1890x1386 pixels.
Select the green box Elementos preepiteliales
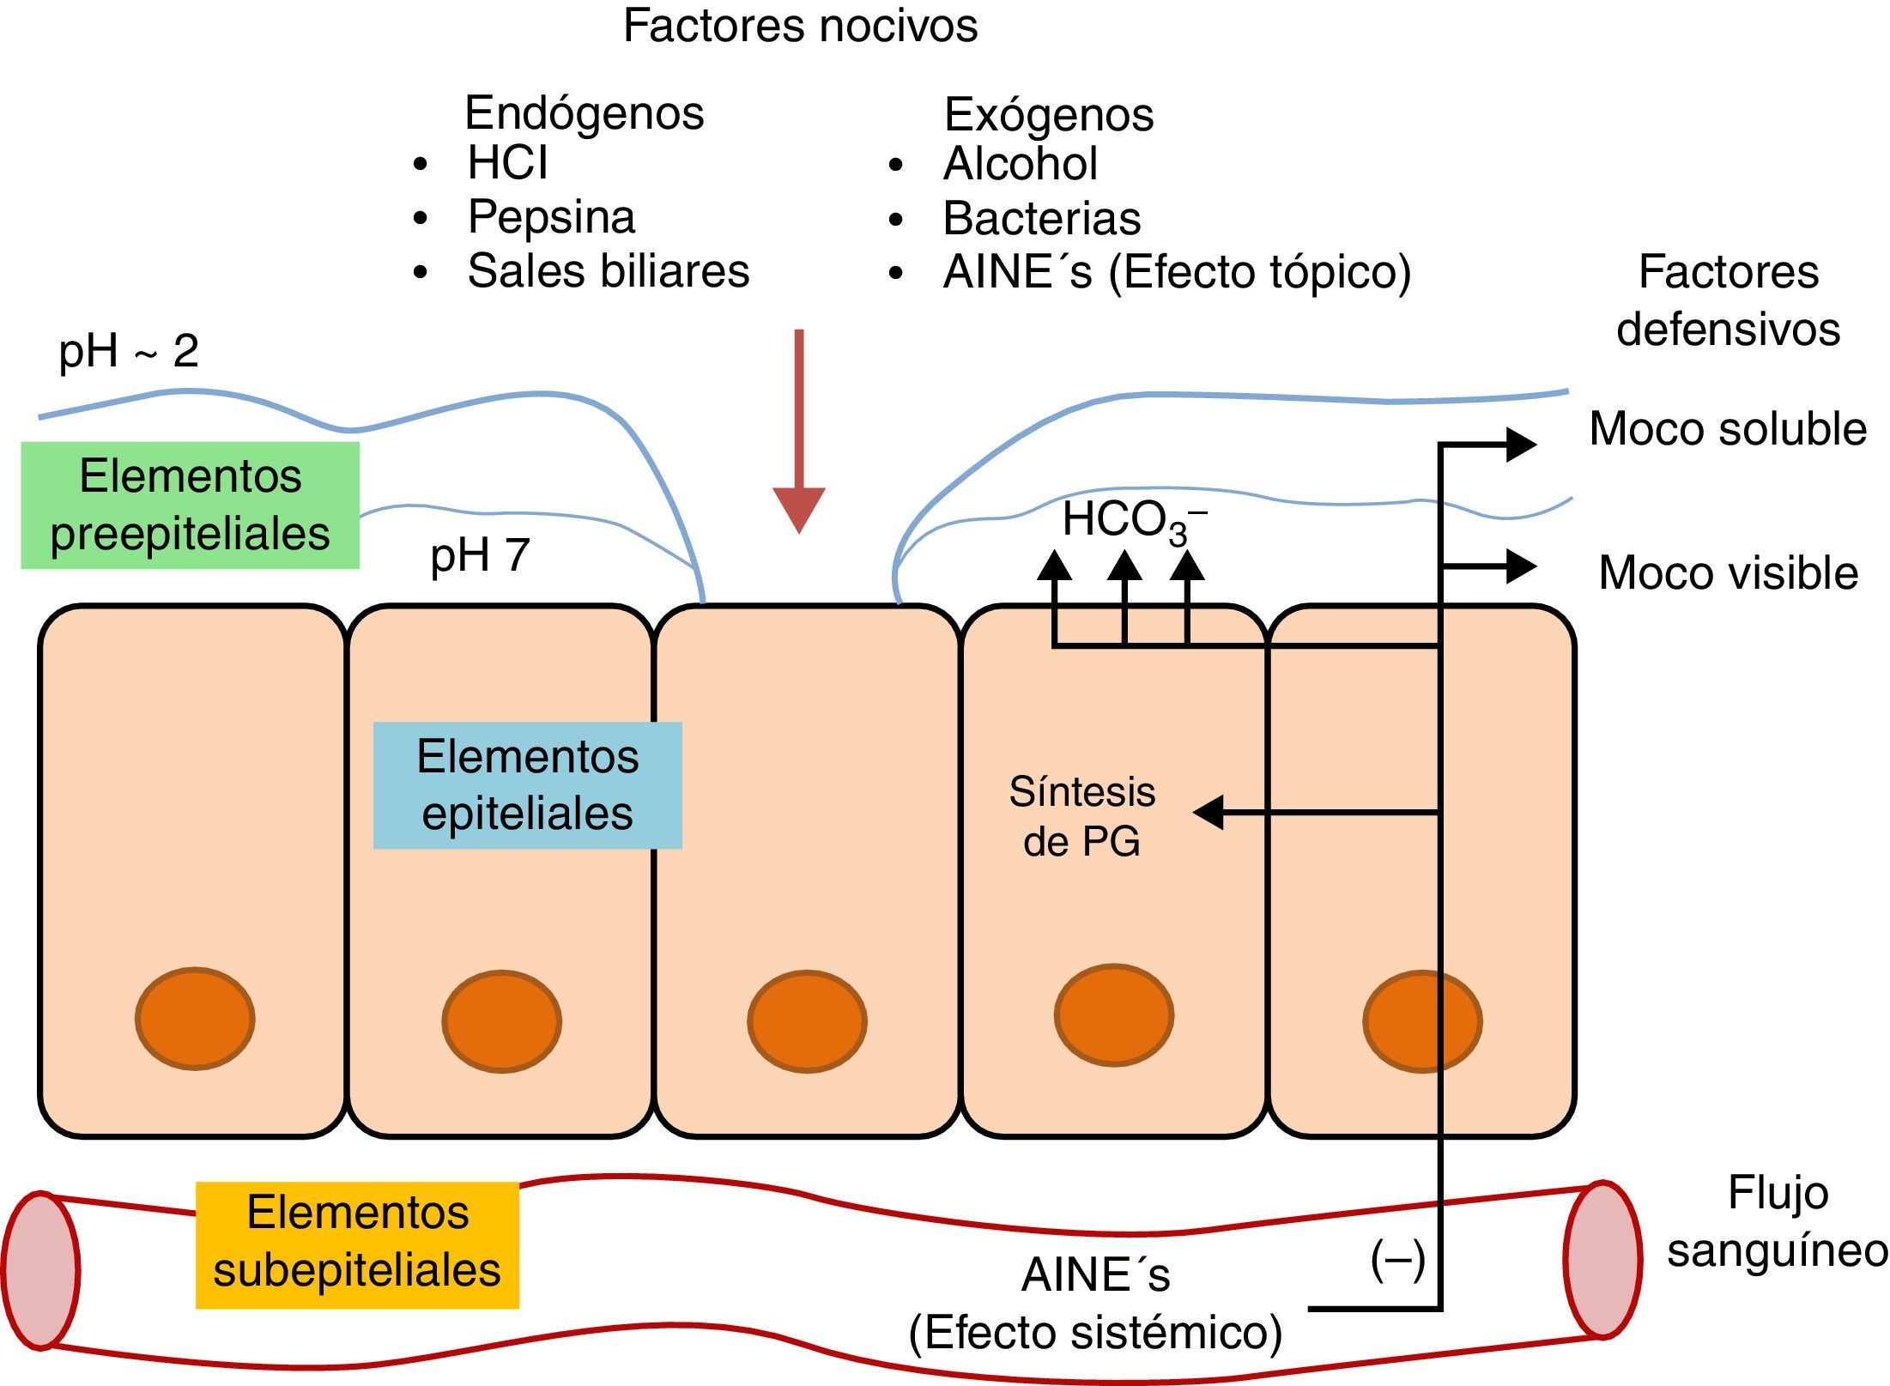pos(190,505)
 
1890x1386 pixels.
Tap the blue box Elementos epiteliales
pos(527,784)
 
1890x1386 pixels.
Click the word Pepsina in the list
pos(551,216)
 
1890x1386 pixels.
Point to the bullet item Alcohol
pos(1020,163)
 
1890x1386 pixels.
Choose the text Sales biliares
pos(608,271)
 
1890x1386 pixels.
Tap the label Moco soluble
pos(1727,428)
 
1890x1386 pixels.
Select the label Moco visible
pos(1728,572)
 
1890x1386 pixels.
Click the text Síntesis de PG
pos(1081,815)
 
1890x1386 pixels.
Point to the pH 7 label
pos(480,555)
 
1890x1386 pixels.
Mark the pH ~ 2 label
pos(129,351)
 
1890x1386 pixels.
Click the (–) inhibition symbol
pos(1397,1261)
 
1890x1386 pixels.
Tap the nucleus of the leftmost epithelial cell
pos(195,1019)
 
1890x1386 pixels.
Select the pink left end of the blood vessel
pos(40,1270)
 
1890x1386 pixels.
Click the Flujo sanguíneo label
pos(1777,1221)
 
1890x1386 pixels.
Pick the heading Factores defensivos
pos(1728,300)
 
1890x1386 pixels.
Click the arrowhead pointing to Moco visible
pos(1521,566)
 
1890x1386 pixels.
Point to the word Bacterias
pos(1041,218)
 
